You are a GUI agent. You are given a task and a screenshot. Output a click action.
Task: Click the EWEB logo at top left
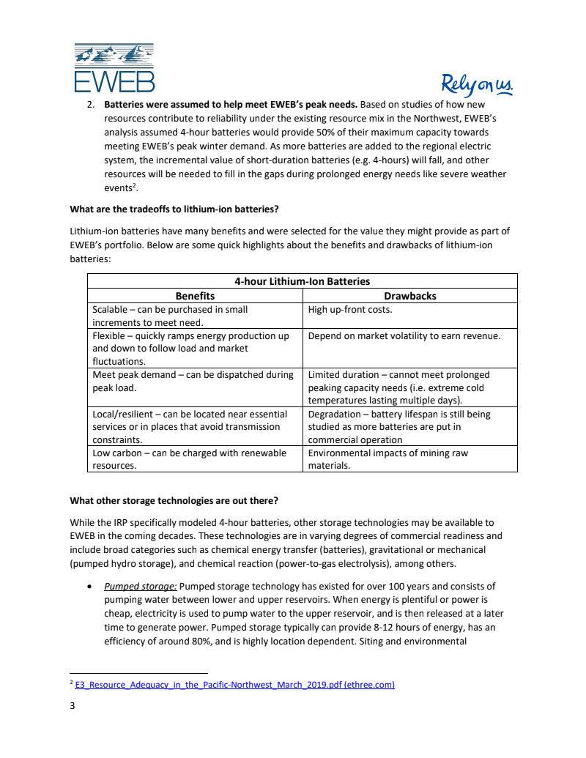[x=114, y=67]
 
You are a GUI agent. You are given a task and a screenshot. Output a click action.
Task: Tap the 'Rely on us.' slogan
[x=477, y=85]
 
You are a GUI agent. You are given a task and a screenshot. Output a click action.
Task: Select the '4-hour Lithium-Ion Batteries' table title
[x=302, y=281]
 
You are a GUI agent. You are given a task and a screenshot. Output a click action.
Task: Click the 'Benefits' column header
[x=195, y=296]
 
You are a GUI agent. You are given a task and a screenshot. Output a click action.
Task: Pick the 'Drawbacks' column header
[x=409, y=296]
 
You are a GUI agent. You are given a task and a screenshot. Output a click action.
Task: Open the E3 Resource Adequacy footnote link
[x=234, y=685]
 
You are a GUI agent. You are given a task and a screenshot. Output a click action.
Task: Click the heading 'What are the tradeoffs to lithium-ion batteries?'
[x=174, y=209]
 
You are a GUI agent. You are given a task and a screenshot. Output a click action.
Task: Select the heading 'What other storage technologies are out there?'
[x=174, y=500]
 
